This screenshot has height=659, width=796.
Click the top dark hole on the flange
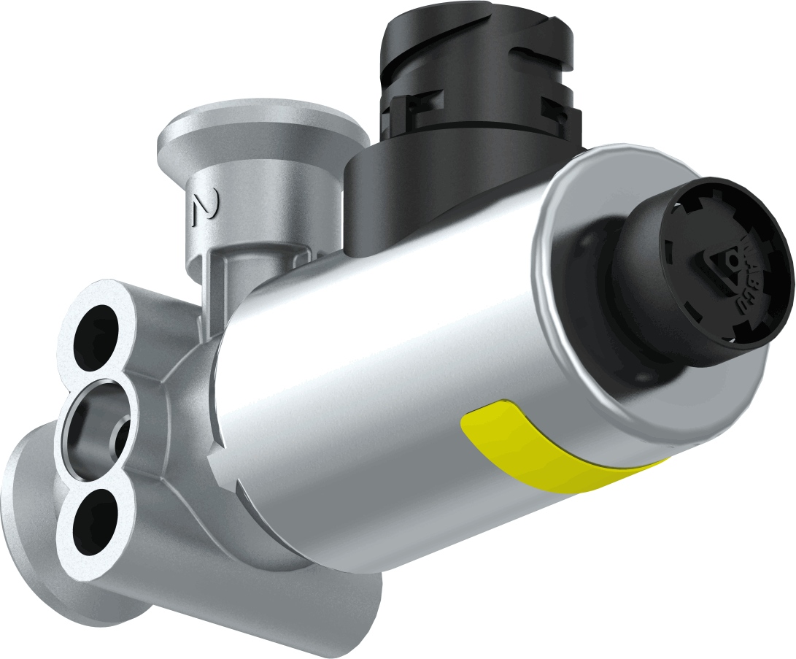point(97,332)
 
